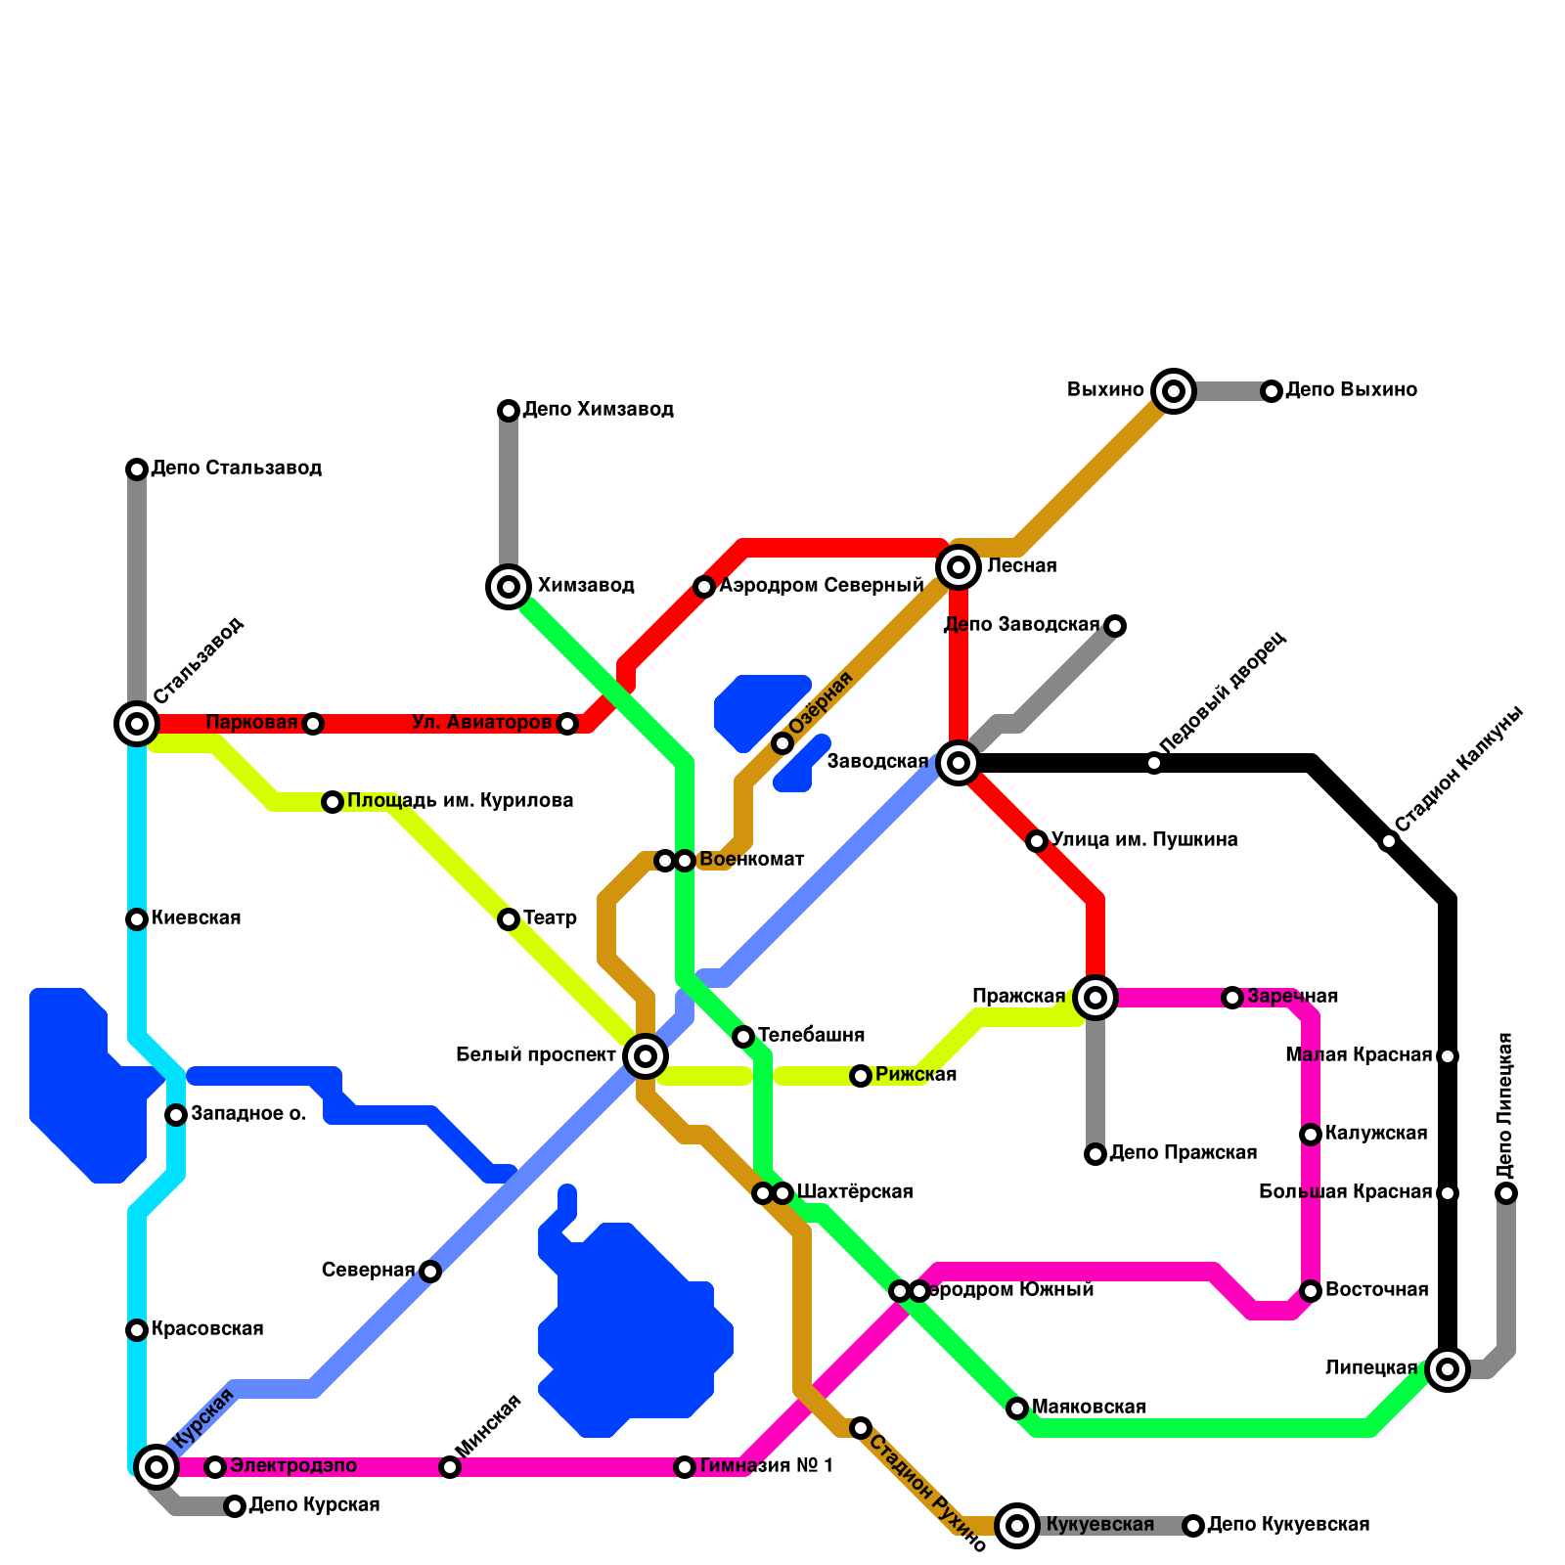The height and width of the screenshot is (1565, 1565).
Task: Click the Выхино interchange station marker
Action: pos(1174,391)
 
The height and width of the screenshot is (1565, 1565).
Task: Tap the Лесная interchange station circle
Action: pos(959,567)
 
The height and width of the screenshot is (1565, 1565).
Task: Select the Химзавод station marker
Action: pos(509,587)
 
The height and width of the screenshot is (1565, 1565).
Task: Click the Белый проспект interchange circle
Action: pos(646,1056)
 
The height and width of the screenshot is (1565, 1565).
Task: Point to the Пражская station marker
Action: pos(1095,998)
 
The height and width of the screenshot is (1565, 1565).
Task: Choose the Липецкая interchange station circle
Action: pos(1448,1368)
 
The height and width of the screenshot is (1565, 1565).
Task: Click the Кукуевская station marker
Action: pos(1017,1525)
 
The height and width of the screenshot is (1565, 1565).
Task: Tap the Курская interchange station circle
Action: pos(156,1466)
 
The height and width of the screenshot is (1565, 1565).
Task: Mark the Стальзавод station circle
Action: pos(137,724)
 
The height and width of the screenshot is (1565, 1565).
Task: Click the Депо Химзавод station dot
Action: pos(509,411)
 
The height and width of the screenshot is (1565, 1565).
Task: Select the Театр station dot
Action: pos(509,919)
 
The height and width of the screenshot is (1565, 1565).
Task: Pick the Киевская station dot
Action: pos(137,919)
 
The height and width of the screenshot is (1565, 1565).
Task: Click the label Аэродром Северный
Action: pos(822,586)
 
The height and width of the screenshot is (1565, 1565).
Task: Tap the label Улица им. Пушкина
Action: pos(1144,839)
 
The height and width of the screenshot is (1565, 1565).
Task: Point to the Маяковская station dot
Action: pos(1017,1408)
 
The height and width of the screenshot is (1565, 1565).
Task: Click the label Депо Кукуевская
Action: pos(1288,1525)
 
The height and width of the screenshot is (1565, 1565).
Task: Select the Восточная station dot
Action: pos(1311,1291)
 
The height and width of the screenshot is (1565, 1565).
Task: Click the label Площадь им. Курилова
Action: pos(460,801)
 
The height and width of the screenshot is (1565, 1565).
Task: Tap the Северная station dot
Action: pos(430,1272)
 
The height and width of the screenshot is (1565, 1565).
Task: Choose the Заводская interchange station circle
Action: pos(959,763)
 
